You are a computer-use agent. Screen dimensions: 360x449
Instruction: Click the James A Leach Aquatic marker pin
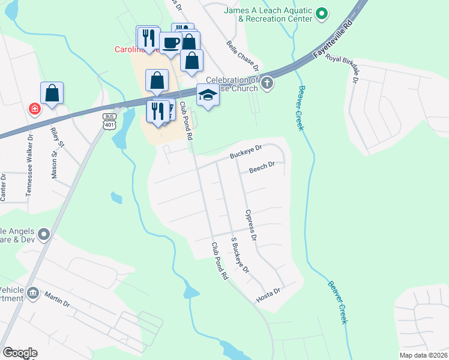click(322, 13)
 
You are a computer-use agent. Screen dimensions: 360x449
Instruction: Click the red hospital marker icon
click(35, 109)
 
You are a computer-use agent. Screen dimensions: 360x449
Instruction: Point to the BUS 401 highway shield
click(109, 121)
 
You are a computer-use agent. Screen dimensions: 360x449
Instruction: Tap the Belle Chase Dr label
click(243, 54)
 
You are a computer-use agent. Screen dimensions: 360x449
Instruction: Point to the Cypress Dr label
click(251, 225)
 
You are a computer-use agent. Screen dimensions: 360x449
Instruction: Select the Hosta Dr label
click(268, 295)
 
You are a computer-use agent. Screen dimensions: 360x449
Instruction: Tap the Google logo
click(20, 353)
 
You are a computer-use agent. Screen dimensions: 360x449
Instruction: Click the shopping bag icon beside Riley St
click(52, 93)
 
